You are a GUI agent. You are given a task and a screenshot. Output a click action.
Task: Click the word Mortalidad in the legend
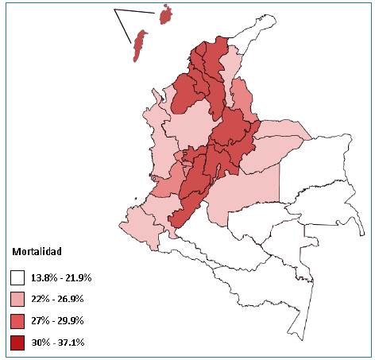(x=37, y=252)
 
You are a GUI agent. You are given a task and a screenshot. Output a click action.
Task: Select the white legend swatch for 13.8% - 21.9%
(x=17, y=278)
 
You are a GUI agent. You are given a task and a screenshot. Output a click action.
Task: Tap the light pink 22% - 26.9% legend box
(x=17, y=300)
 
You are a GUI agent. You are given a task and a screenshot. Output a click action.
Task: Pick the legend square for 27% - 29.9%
(x=17, y=321)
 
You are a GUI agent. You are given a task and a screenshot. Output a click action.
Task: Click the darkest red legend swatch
(x=17, y=343)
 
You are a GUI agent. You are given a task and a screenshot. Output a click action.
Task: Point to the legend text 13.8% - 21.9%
(x=61, y=278)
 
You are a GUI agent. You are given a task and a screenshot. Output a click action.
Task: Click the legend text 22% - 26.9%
(x=57, y=300)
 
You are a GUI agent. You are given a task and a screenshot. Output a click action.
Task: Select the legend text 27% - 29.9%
(x=57, y=321)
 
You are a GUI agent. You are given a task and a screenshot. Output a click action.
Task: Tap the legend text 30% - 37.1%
(x=57, y=343)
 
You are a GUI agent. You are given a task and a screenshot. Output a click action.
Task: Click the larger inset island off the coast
(x=139, y=45)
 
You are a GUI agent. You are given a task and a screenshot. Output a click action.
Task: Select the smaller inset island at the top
(x=166, y=14)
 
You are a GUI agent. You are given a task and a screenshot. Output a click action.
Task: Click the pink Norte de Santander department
(x=240, y=95)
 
